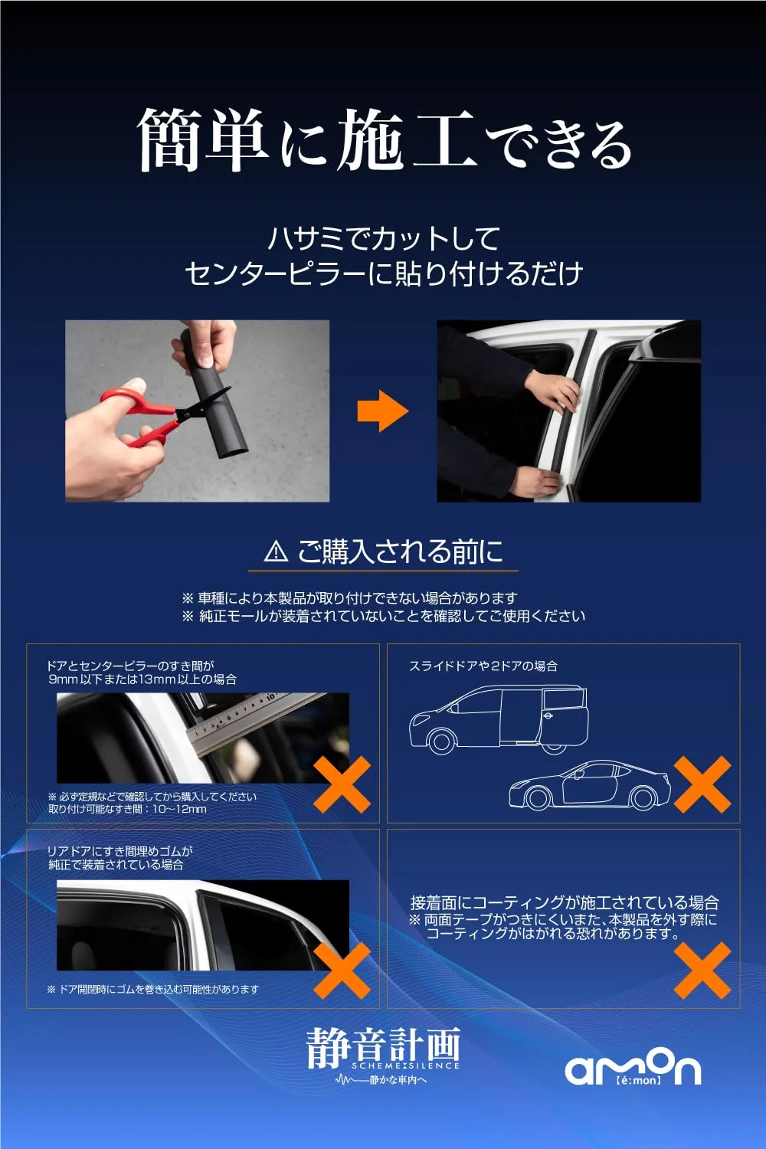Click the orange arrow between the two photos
click(x=383, y=411)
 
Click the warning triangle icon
click(x=276, y=552)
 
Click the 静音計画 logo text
click(x=383, y=1046)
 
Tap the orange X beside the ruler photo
click(x=342, y=784)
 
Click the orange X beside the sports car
click(x=702, y=784)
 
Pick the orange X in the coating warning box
click(x=702, y=971)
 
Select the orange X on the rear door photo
click(x=342, y=971)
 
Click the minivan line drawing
click(x=499, y=719)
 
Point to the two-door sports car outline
click(x=590, y=785)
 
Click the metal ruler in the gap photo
click(x=257, y=722)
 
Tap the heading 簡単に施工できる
click(x=384, y=139)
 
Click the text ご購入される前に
click(x=400, y=552)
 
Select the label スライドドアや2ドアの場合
click(x=483, y=666)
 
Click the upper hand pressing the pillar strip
click(x=552, y=388)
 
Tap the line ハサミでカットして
click(x=384, y=239)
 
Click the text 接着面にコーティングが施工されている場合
click(x=565, y=902)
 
